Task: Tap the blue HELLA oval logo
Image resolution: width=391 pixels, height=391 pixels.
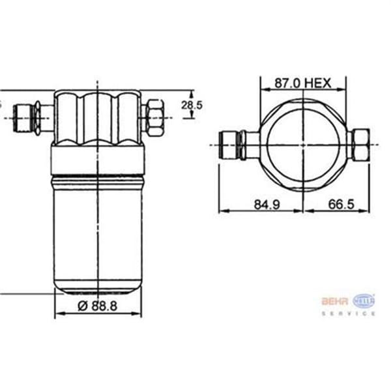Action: tap(364, 300)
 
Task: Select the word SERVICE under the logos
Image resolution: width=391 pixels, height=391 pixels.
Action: tap(349, 313)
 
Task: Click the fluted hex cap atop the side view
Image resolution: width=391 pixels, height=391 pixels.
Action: tap(98, 117)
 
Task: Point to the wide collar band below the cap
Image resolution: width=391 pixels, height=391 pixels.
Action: tap(98, 160)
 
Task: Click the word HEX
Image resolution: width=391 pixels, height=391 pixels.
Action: tap(319, 83)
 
